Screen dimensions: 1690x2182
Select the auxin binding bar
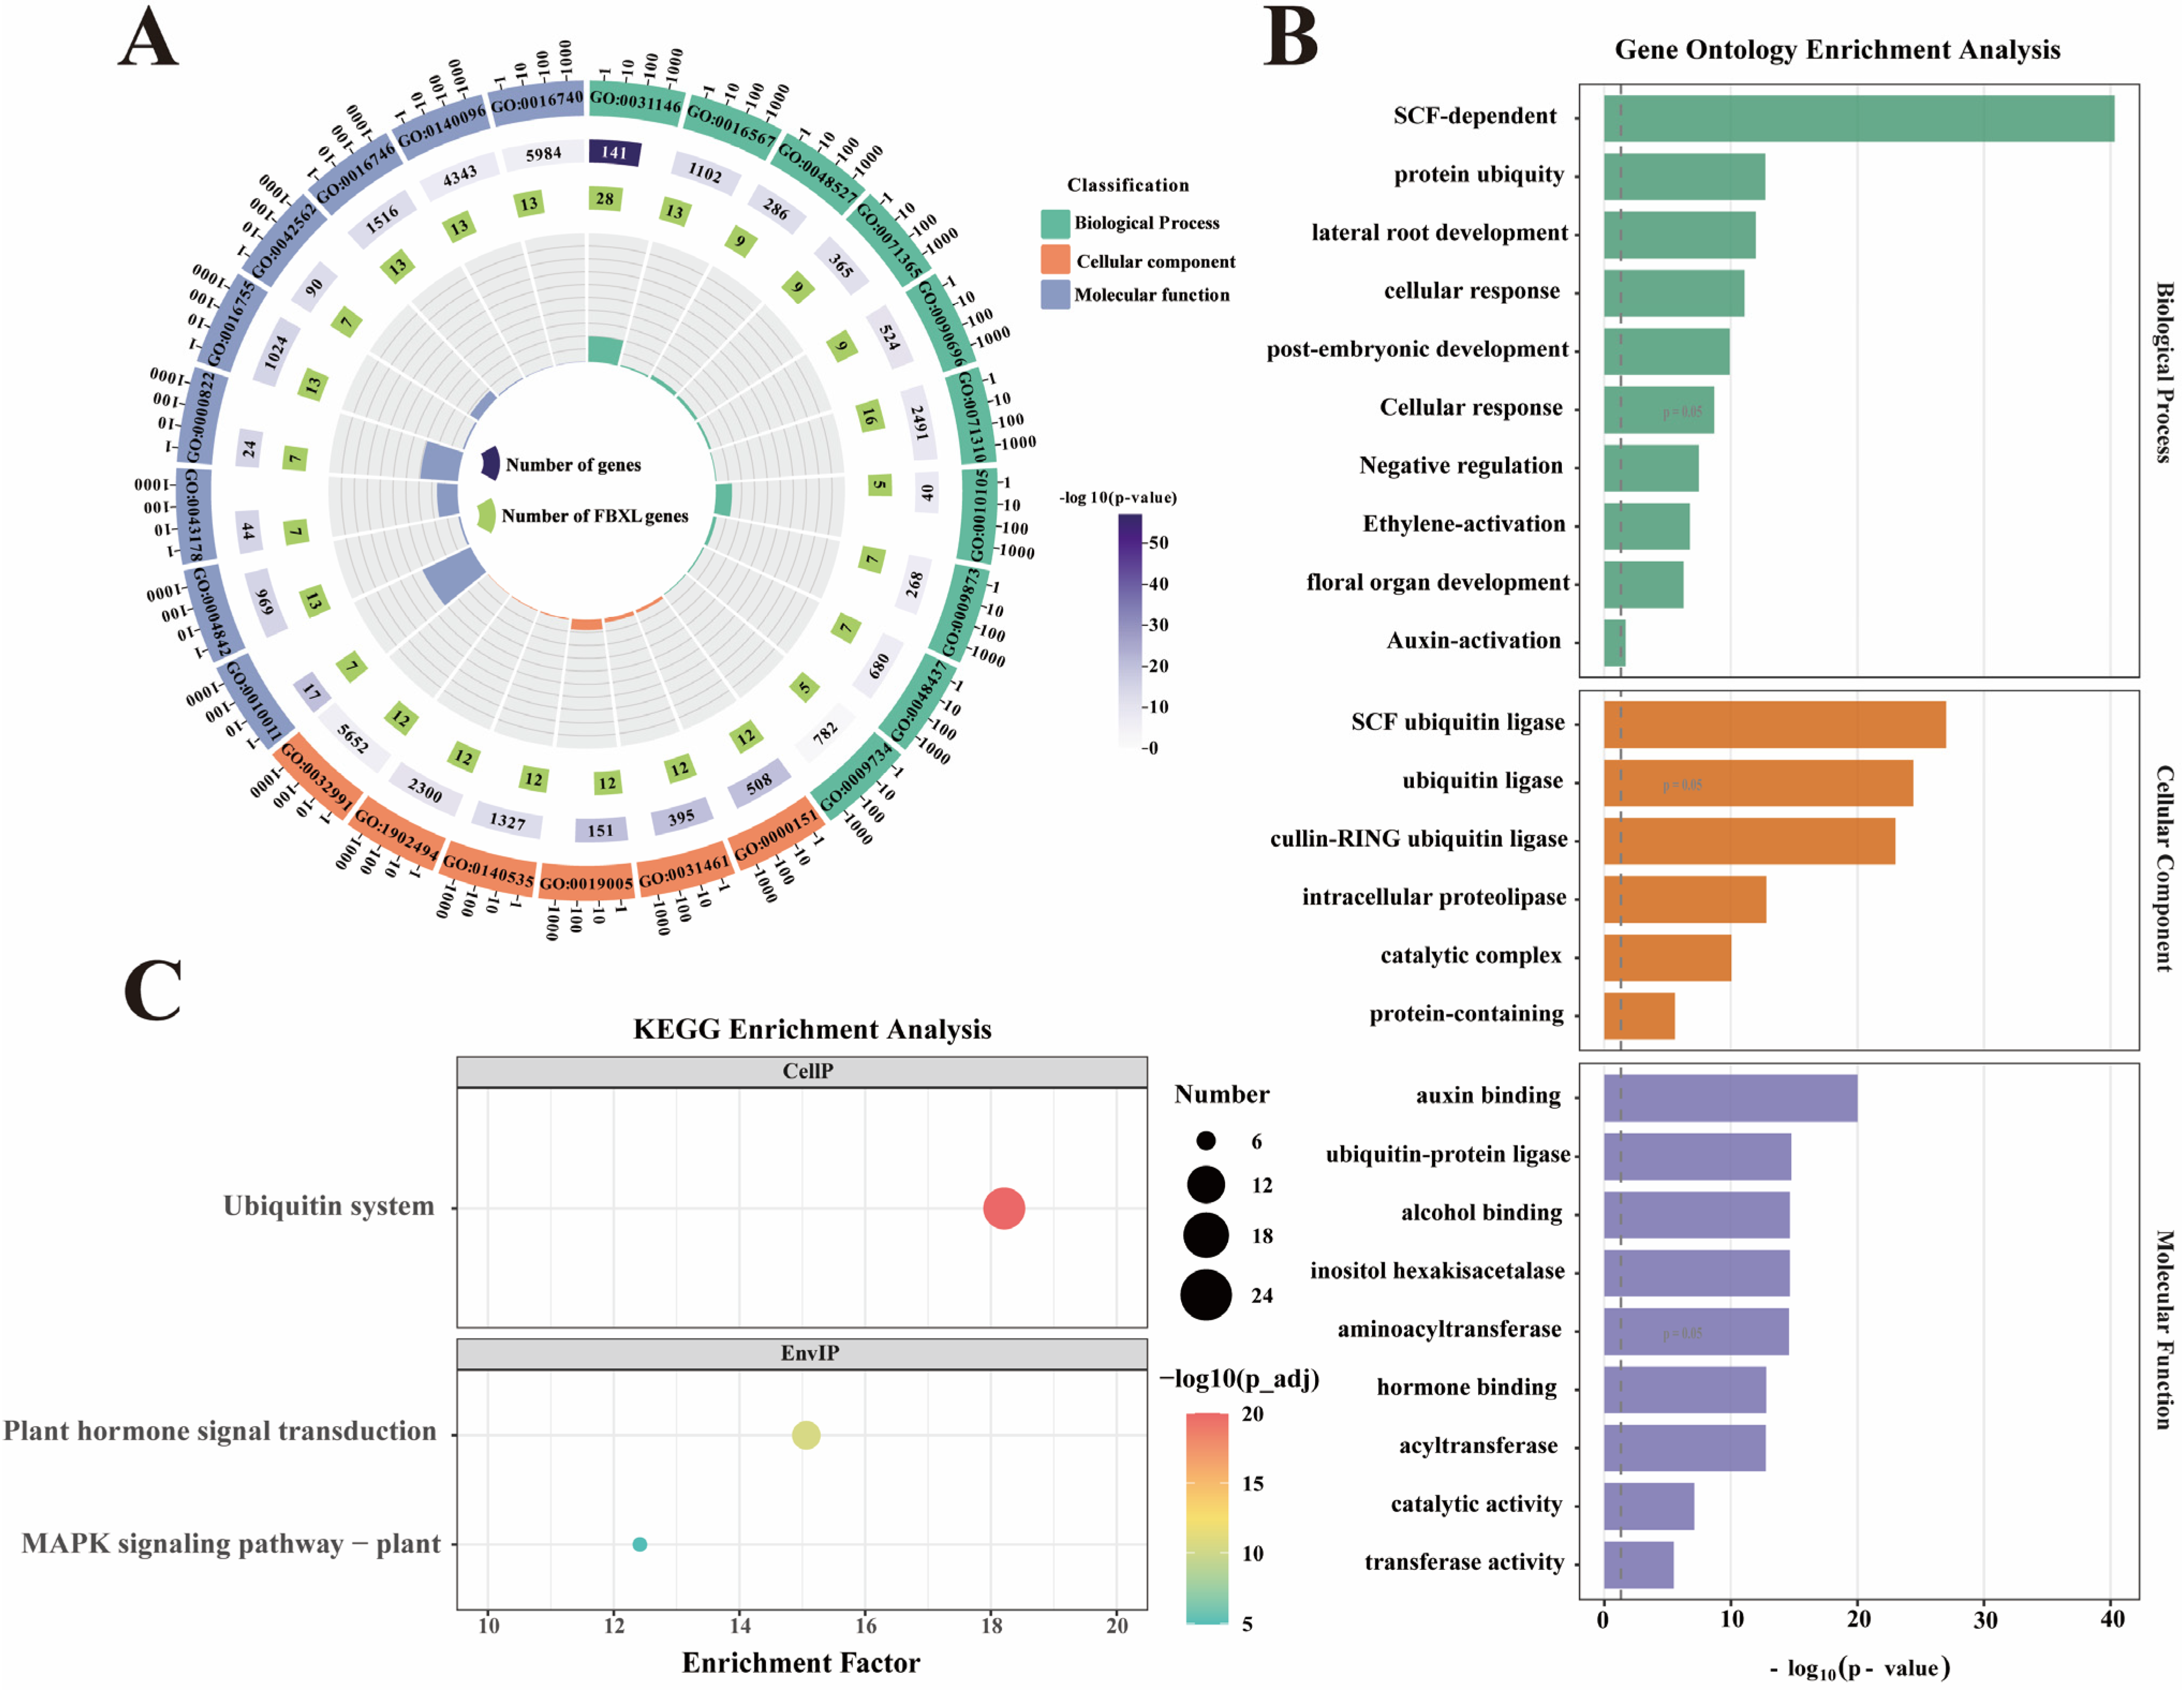[x=1731, y=1098]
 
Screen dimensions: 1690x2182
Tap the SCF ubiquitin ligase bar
[x=1775, y=724]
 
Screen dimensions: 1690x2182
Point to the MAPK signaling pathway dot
[x=640, y=1544]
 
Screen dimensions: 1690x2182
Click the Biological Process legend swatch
[x=1055, y=224]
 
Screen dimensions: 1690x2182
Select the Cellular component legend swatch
[x=1055, y=260]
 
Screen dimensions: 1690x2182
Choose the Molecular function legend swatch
[x=1055, y=295]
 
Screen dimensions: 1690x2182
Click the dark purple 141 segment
[x=614, y=153]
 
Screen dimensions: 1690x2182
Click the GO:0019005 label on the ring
[x=587, y=883]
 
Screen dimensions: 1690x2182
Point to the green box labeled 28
[x=604, y=199]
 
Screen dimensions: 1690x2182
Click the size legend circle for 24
[x=1206, y=1296]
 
